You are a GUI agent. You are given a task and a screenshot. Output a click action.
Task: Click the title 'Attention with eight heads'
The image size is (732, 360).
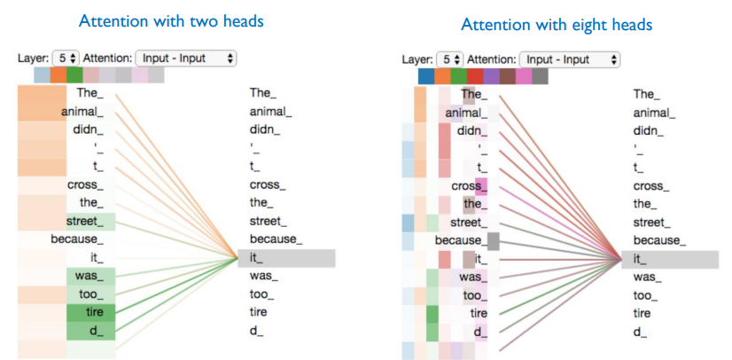[x=557, y=25]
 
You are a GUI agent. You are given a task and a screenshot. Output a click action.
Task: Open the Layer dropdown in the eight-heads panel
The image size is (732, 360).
[x=453, y=59]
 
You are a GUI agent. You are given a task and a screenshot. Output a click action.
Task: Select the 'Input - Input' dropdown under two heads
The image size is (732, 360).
[x=186, y=58]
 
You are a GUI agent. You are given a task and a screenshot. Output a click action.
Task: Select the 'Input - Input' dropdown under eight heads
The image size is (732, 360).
[x=570, y=59]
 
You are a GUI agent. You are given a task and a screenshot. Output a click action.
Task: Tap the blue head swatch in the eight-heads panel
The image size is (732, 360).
[x=426, y=76]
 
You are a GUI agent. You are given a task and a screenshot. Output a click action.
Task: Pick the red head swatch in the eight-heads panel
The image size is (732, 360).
[x=475, y=76]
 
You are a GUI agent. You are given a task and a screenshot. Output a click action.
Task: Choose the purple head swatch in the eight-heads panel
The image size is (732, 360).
[x=491, y=76]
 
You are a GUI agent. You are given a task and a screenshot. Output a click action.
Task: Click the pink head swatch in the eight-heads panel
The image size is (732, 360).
[x=524, y=76]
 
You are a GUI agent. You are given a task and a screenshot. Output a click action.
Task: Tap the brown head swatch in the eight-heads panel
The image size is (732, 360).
[x=508, y=76]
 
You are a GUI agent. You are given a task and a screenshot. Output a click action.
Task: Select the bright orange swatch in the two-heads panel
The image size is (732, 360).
[x=58, y=74]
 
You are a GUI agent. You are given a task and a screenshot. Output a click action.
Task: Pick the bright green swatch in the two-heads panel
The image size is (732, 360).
[x=74, y=74]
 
